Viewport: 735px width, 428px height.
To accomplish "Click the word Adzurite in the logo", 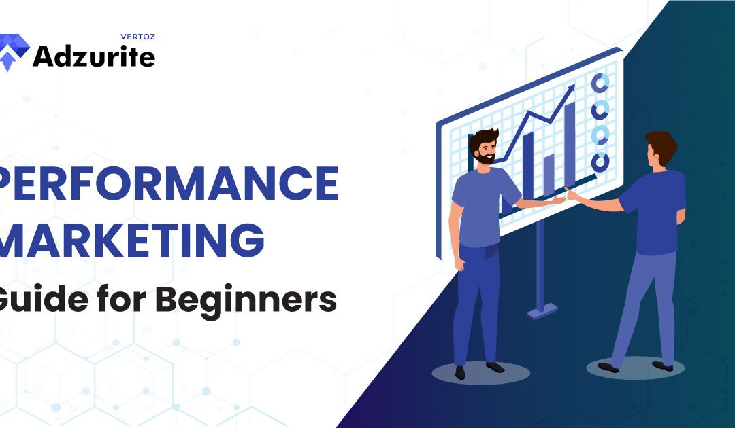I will click(x=94, y=57).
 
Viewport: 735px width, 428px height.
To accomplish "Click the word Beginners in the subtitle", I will click(x=268, y=299).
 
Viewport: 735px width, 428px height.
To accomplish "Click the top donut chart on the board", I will click(x=600, y=83).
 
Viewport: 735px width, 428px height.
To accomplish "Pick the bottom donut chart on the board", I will click(x=600, y=162).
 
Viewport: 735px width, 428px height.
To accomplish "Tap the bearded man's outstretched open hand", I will click(x=557, y=200).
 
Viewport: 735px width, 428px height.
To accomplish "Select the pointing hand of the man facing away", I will click(x=573, y=196).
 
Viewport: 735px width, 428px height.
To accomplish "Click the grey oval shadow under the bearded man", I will click(x=480, y=372).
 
